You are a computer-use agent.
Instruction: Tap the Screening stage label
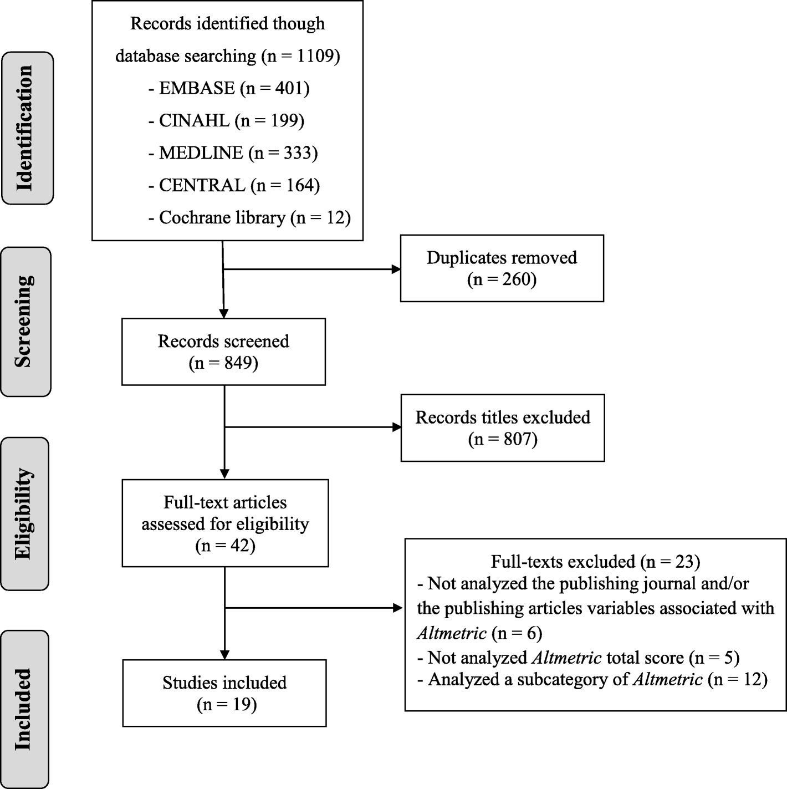pos(25,322)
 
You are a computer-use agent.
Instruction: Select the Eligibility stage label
pos(24,513)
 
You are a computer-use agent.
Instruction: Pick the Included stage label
pos(24,709)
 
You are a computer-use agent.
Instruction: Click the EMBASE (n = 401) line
pos(228,88)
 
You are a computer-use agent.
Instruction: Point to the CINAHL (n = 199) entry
pos(226,120)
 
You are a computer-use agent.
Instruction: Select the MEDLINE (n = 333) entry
pos(233,152)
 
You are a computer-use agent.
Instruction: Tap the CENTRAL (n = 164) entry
pos(234,185)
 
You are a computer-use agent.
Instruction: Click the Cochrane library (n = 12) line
pos(249,217)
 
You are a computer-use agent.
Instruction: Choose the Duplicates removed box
pos(502,268)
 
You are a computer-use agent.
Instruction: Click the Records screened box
pos(223,352)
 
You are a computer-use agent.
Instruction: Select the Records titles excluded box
pos(503,428)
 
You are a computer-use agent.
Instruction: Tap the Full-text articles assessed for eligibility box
pos(225,523)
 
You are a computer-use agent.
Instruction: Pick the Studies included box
pos(224,693)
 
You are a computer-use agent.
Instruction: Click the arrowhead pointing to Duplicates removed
pos(396,269)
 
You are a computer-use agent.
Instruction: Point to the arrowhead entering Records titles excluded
pos(397,427)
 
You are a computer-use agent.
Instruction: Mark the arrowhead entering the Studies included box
pos(224,654)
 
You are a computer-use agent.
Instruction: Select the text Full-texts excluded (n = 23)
pos(595,562)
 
